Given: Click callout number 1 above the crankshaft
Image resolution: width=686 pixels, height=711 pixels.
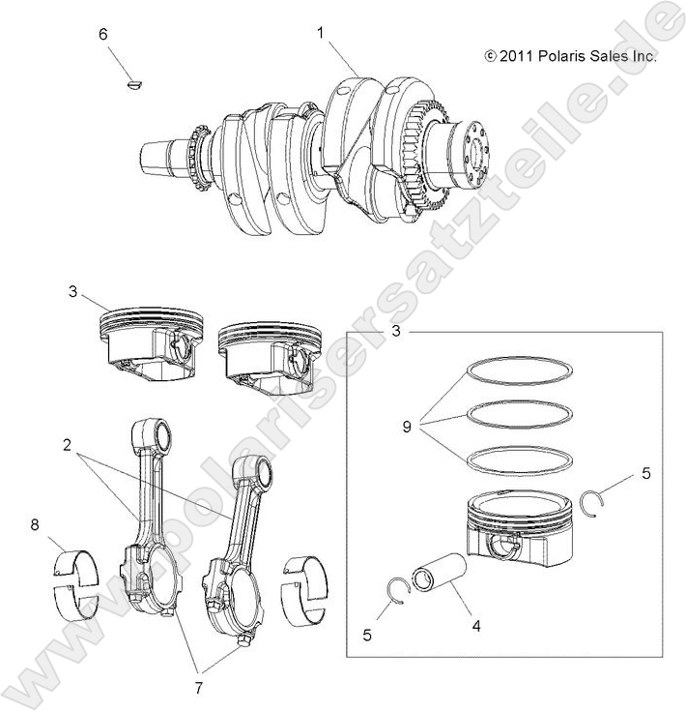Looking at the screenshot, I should click(320, 33).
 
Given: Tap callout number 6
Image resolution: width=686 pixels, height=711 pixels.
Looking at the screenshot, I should click(103, 35).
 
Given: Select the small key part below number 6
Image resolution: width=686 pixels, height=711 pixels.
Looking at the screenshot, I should click(135, 85).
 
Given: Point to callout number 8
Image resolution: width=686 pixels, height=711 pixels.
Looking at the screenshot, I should click(35, 525).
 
